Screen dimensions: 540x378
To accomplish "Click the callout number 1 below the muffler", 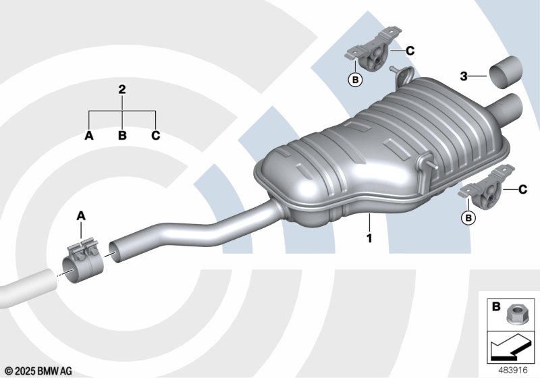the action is click(369, 238).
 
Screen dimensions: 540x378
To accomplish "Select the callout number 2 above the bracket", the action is click(122, 90).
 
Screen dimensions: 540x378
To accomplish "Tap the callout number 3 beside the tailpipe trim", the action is click(464, 76).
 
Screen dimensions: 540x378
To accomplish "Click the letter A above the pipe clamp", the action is click(81, 216).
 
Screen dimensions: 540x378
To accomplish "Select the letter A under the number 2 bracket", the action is click(89, 136).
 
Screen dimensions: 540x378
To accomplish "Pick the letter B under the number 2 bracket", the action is click(122, 136).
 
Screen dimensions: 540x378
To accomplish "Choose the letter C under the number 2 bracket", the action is click(156, 136).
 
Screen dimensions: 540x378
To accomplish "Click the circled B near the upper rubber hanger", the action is click(356, 80).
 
